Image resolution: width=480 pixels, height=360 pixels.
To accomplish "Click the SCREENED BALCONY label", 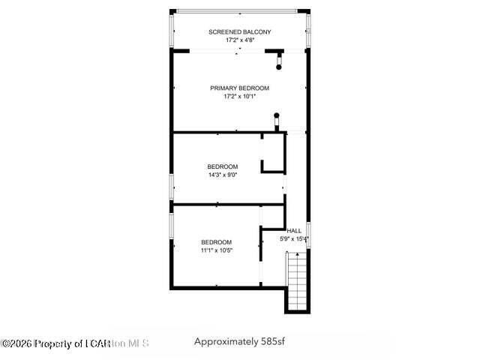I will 239,31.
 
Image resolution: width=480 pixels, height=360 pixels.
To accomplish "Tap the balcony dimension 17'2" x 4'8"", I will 239,40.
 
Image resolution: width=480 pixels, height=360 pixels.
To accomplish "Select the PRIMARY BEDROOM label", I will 239,88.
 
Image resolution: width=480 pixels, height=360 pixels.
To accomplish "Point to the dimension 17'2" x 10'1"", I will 239,97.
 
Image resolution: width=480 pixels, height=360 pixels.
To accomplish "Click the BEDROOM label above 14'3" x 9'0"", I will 223,166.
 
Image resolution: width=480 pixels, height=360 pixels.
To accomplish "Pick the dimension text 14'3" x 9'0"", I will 223,175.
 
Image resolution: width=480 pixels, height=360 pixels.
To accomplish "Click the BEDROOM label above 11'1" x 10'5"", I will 216,242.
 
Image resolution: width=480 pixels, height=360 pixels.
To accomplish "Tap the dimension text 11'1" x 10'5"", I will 216,251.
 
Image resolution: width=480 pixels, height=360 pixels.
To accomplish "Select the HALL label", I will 294,231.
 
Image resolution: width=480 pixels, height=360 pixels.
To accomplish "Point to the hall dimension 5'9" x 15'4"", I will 294,239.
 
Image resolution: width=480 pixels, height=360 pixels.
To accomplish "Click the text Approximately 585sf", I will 239,342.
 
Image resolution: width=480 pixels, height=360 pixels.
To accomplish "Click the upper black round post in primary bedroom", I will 279,67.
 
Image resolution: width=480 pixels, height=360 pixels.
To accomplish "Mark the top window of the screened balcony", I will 239,11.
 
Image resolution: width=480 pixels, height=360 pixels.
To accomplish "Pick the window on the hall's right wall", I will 308,233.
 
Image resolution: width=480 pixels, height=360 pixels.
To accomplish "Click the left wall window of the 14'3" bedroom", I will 172,184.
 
